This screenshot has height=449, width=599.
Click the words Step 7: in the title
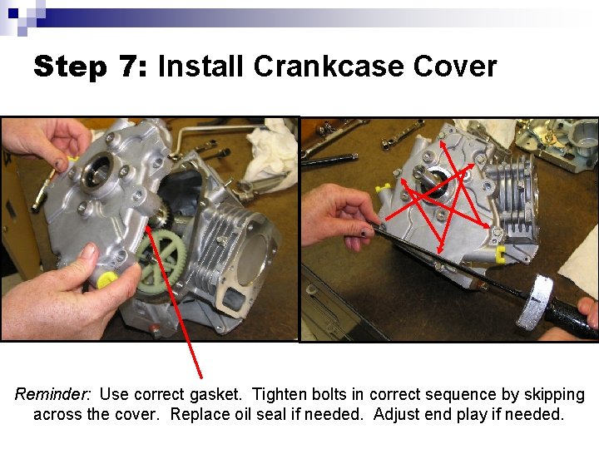coord(90,67)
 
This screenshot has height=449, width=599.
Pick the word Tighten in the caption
coord(280,394)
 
